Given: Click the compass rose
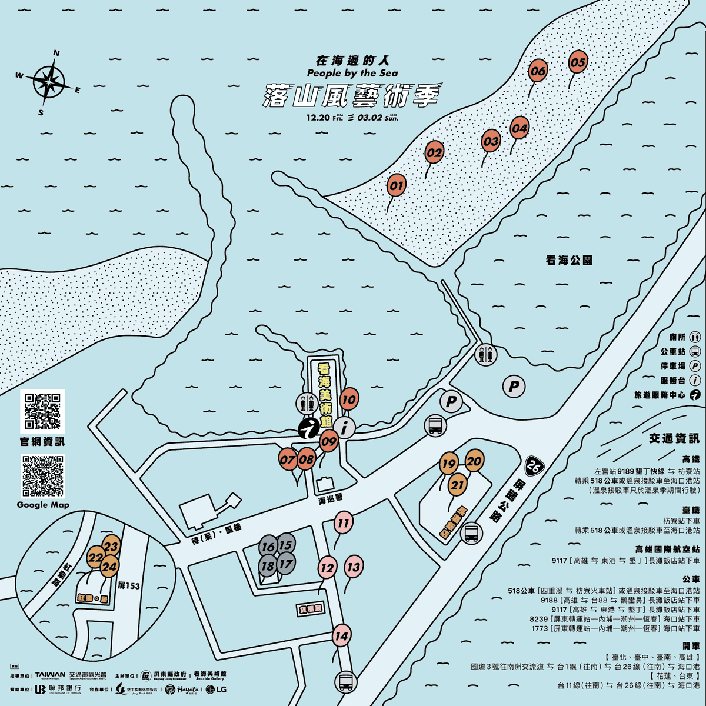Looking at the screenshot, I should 50,82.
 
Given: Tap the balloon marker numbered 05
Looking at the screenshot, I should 578,62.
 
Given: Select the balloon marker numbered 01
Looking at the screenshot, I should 397,186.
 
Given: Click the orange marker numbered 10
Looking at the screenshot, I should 349,399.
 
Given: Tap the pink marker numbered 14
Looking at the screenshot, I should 341,636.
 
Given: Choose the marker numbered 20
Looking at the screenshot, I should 474,461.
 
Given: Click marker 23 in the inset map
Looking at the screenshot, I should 111,546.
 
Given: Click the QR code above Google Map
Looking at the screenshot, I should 42,476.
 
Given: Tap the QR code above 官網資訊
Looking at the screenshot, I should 42,411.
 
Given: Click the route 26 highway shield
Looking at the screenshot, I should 534,467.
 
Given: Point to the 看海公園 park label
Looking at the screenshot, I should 568,260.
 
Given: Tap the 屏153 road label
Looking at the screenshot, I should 129,585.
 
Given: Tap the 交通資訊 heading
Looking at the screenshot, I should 674,438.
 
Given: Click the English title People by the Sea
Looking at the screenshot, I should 352,73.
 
